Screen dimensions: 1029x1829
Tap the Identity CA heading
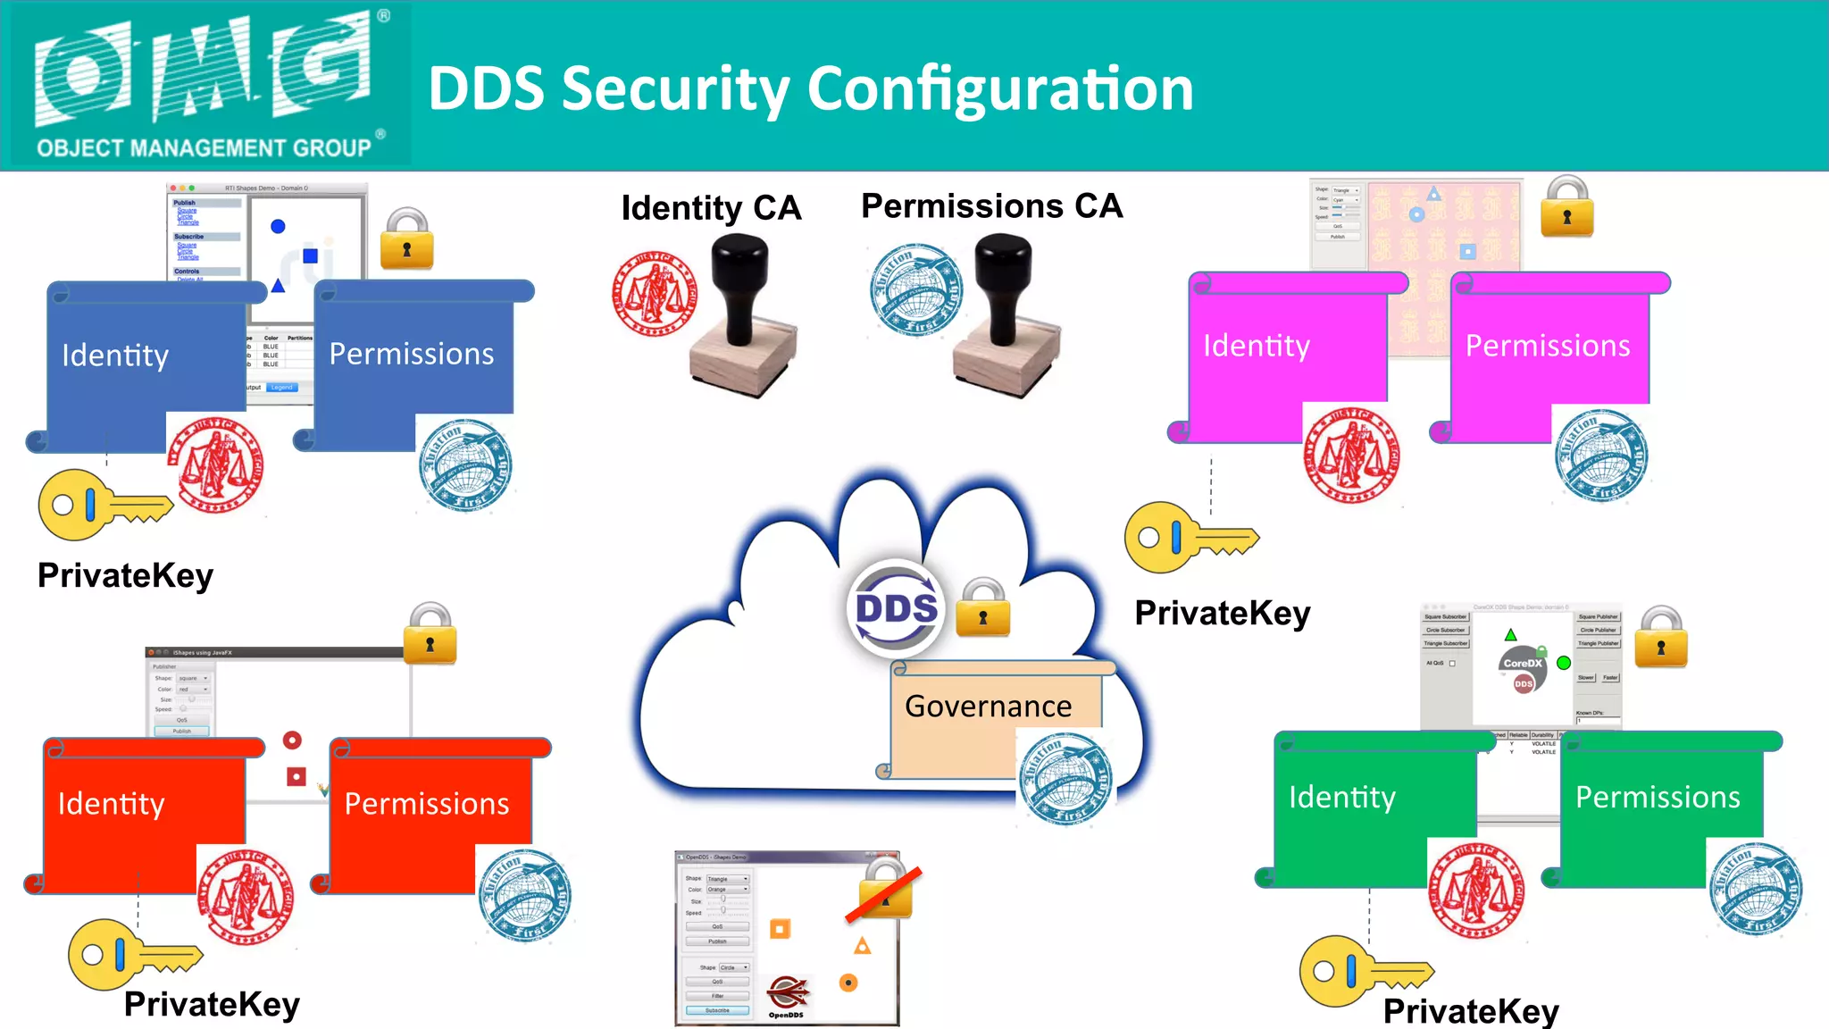coord(711,208)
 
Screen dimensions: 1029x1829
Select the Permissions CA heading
coord(991,206)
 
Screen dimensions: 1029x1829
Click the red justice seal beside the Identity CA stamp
coord(655,294)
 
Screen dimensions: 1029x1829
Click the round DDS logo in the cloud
coord(896,608)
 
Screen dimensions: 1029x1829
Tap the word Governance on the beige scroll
coord(988,707)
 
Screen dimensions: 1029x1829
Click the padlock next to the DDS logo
coord(982,608)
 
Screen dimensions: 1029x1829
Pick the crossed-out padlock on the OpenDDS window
coord(885,889)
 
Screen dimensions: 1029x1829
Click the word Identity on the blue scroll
coord(115,356)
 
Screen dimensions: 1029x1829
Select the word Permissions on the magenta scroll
coord(1548,346)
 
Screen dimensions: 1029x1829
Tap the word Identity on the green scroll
coord(1341,797)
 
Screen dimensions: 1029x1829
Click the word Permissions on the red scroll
coord(427,804)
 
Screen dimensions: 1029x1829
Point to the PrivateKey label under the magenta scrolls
coord(1222,614)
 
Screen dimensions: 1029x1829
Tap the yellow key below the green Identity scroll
coord(1363,971)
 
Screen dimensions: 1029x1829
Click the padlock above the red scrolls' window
coord(430,635)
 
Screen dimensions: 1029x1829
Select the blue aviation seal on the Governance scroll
coord(1065,778)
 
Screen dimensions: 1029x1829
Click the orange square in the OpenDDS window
coord(780,929)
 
